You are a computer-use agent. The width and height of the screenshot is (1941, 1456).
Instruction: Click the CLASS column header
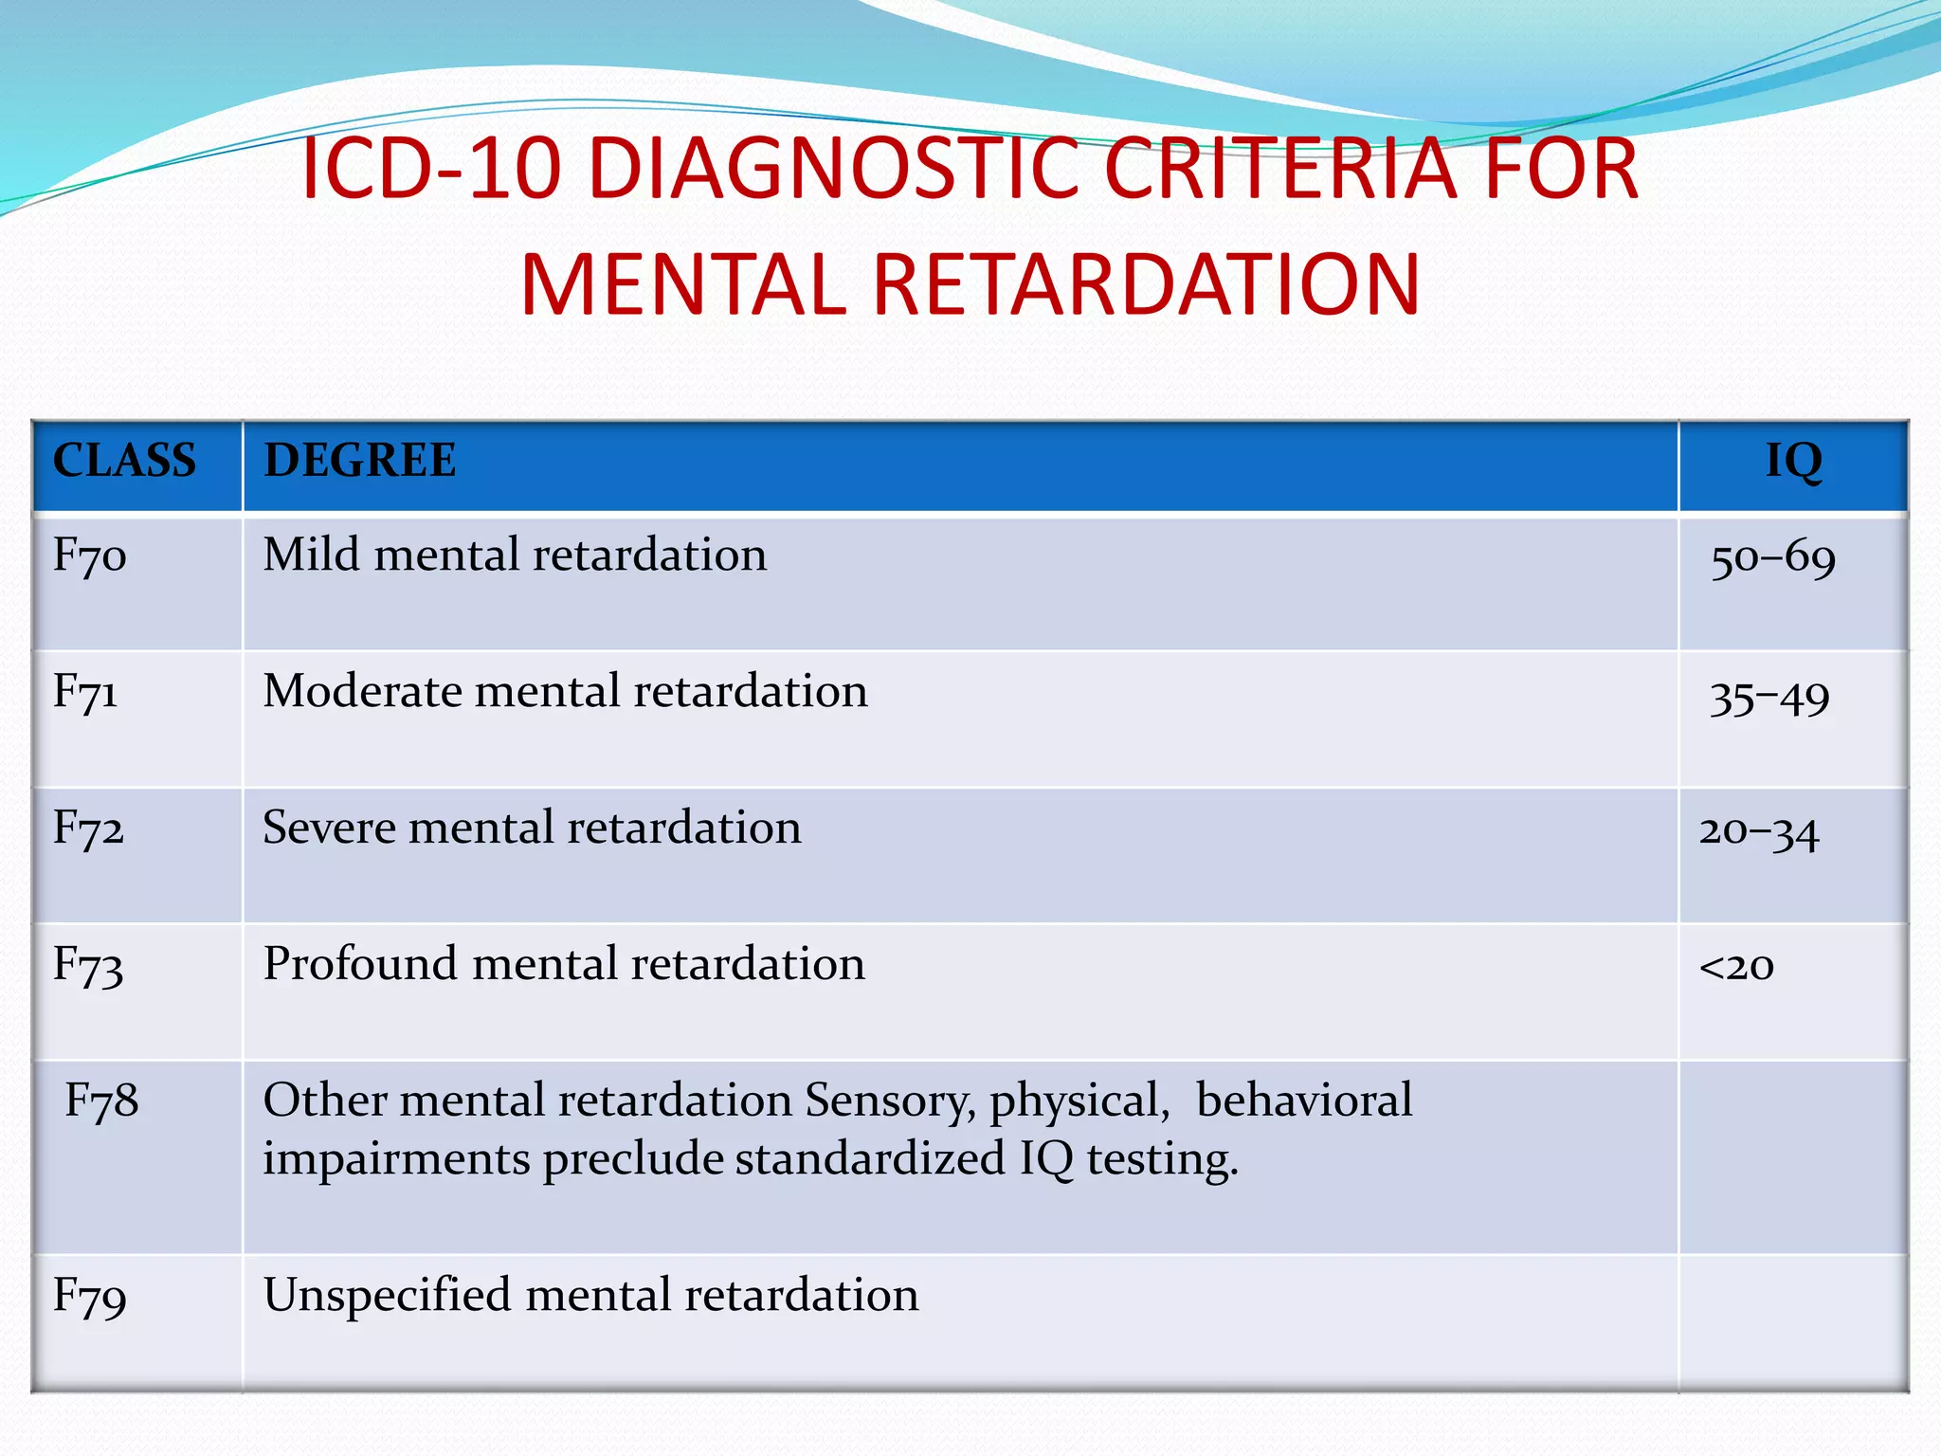click(124, 461)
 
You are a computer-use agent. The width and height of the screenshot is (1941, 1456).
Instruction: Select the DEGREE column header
click(359, 461)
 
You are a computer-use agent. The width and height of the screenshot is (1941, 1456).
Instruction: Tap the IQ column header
click(1793, 461)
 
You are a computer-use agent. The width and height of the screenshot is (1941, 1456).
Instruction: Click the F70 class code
click(89, 555)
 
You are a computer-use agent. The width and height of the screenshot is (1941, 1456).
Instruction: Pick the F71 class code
click(85, 692)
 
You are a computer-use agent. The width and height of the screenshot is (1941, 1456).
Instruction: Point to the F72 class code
click(88, 828)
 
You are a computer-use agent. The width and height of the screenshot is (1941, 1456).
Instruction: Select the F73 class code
click(88, 965)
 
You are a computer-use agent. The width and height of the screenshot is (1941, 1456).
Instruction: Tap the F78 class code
click(101, 1101)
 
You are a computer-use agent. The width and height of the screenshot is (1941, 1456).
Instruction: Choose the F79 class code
click(89, 1296)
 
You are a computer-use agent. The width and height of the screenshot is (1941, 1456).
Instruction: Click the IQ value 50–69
click(1772, 558)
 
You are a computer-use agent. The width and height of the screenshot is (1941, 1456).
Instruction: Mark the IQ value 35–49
click(1769, 698)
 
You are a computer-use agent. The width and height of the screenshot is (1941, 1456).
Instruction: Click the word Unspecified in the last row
click(387, 1295)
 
